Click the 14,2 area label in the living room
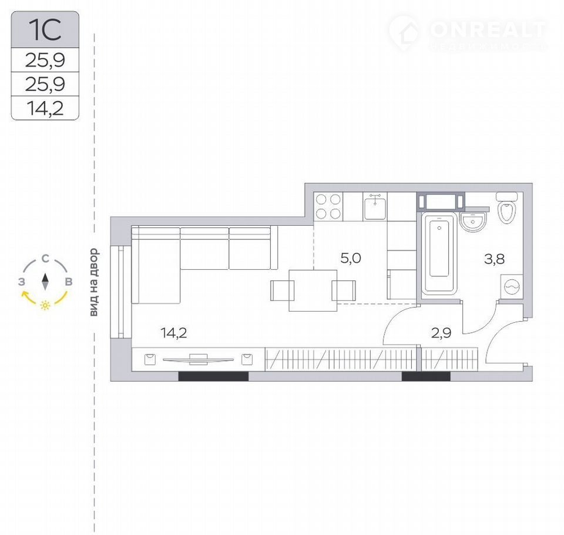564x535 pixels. [x=174, y=333]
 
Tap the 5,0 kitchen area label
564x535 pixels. [x=351, y=258]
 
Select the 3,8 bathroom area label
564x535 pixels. [x=495, y=259]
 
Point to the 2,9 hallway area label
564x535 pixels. [x=441, y=333]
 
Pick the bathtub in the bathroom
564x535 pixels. [x=439, y=253]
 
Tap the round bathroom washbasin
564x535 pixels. [x=472, y=221]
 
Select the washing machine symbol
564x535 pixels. [x=512, y=286]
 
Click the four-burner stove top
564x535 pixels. [x=328, y=206]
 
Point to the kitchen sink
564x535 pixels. [x=375, y=207]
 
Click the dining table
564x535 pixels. [x=313, y=290]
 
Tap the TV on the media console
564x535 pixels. [x=199, y=359]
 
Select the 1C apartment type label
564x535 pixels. [x=45, y=30]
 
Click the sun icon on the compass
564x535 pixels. [x=45, y=306]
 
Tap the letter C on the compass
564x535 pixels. [x=45, y=259]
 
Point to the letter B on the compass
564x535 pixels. [x=68, y=282]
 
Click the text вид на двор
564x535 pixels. [x=94, y=282]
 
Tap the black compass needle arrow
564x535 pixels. [x=45, y=282]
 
